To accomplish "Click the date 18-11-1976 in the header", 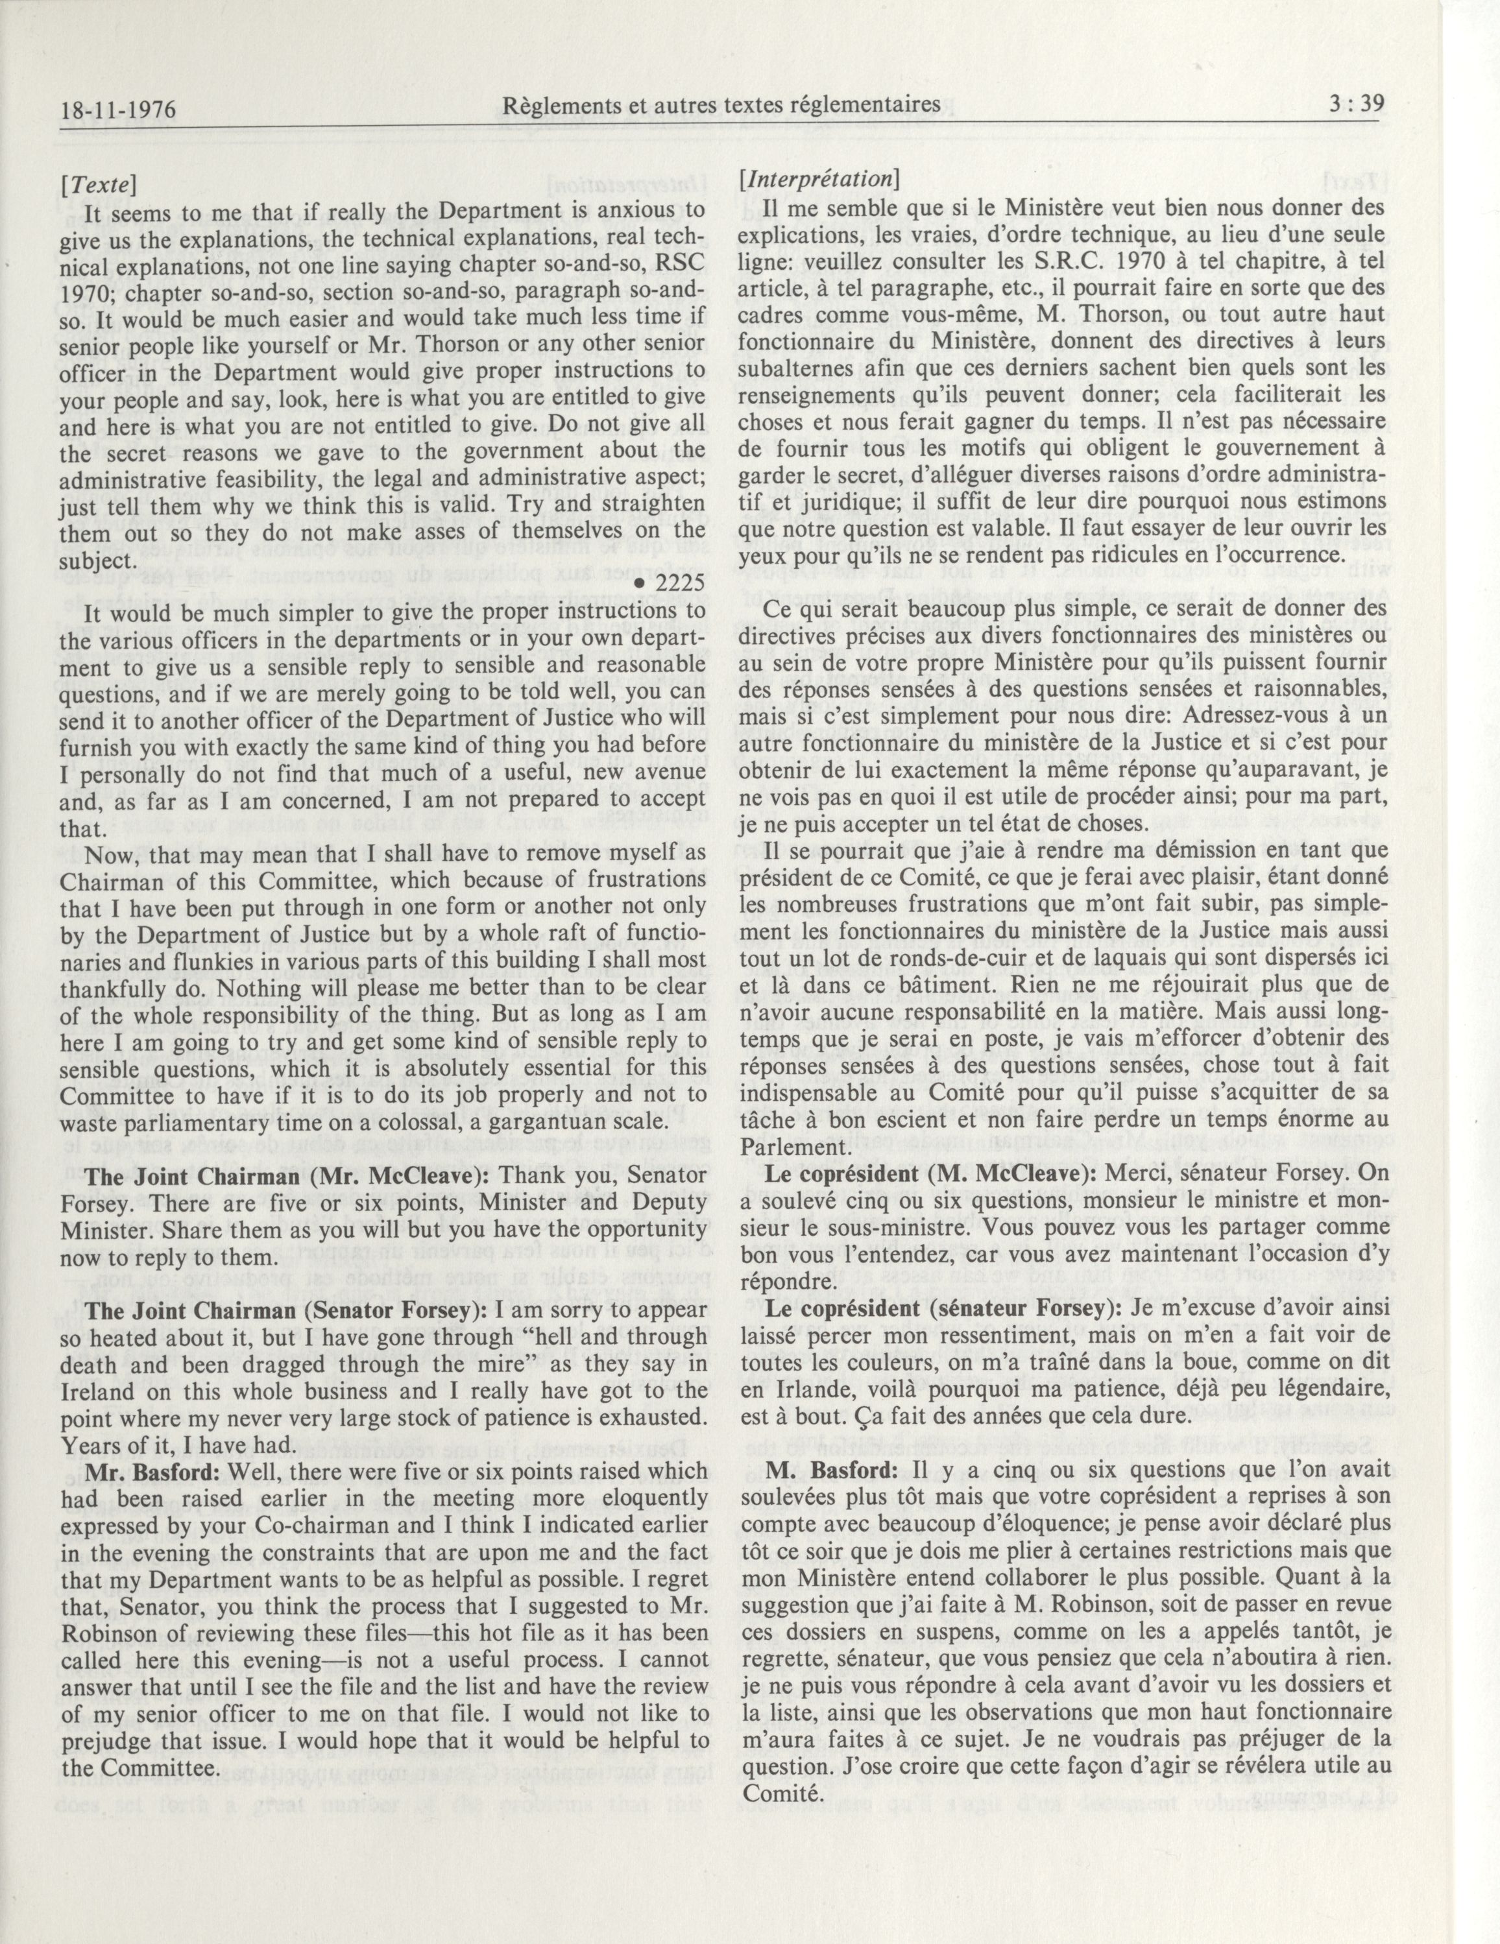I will pos(117,110).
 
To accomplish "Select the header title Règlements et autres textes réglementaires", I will pos(721,105).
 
